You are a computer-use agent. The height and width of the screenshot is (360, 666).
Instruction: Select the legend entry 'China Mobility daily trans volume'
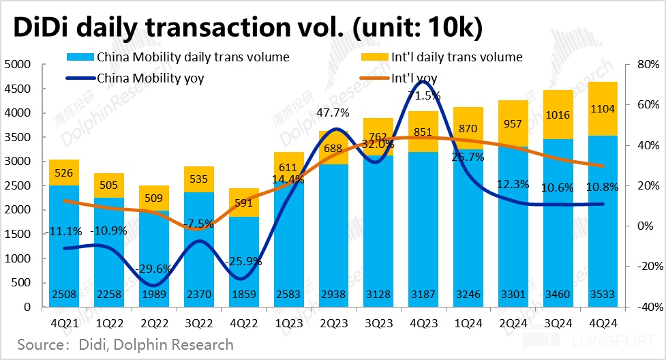click(193, 57)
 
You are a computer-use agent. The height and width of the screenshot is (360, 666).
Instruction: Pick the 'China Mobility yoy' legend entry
click(151, 78)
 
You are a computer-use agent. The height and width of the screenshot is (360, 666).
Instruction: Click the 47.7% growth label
click(334, 112)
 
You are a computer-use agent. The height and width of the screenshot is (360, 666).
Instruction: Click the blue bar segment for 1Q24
click(469, 232)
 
